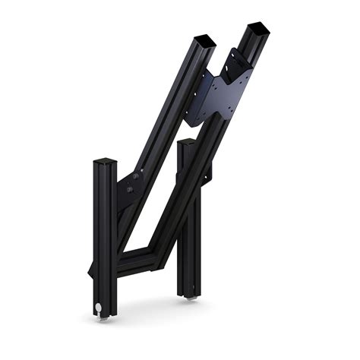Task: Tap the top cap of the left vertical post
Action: tap(105, 162)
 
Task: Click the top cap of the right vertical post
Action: tap(188, 141)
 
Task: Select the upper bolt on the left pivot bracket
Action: tap(137, 176)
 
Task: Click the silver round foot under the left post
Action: tap(99, 308)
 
